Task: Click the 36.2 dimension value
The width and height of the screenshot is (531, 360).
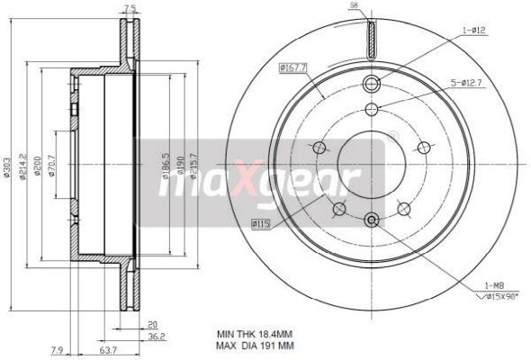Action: click(x=157, y=337)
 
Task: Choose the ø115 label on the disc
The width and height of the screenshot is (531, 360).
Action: click(x=260, y=222)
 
